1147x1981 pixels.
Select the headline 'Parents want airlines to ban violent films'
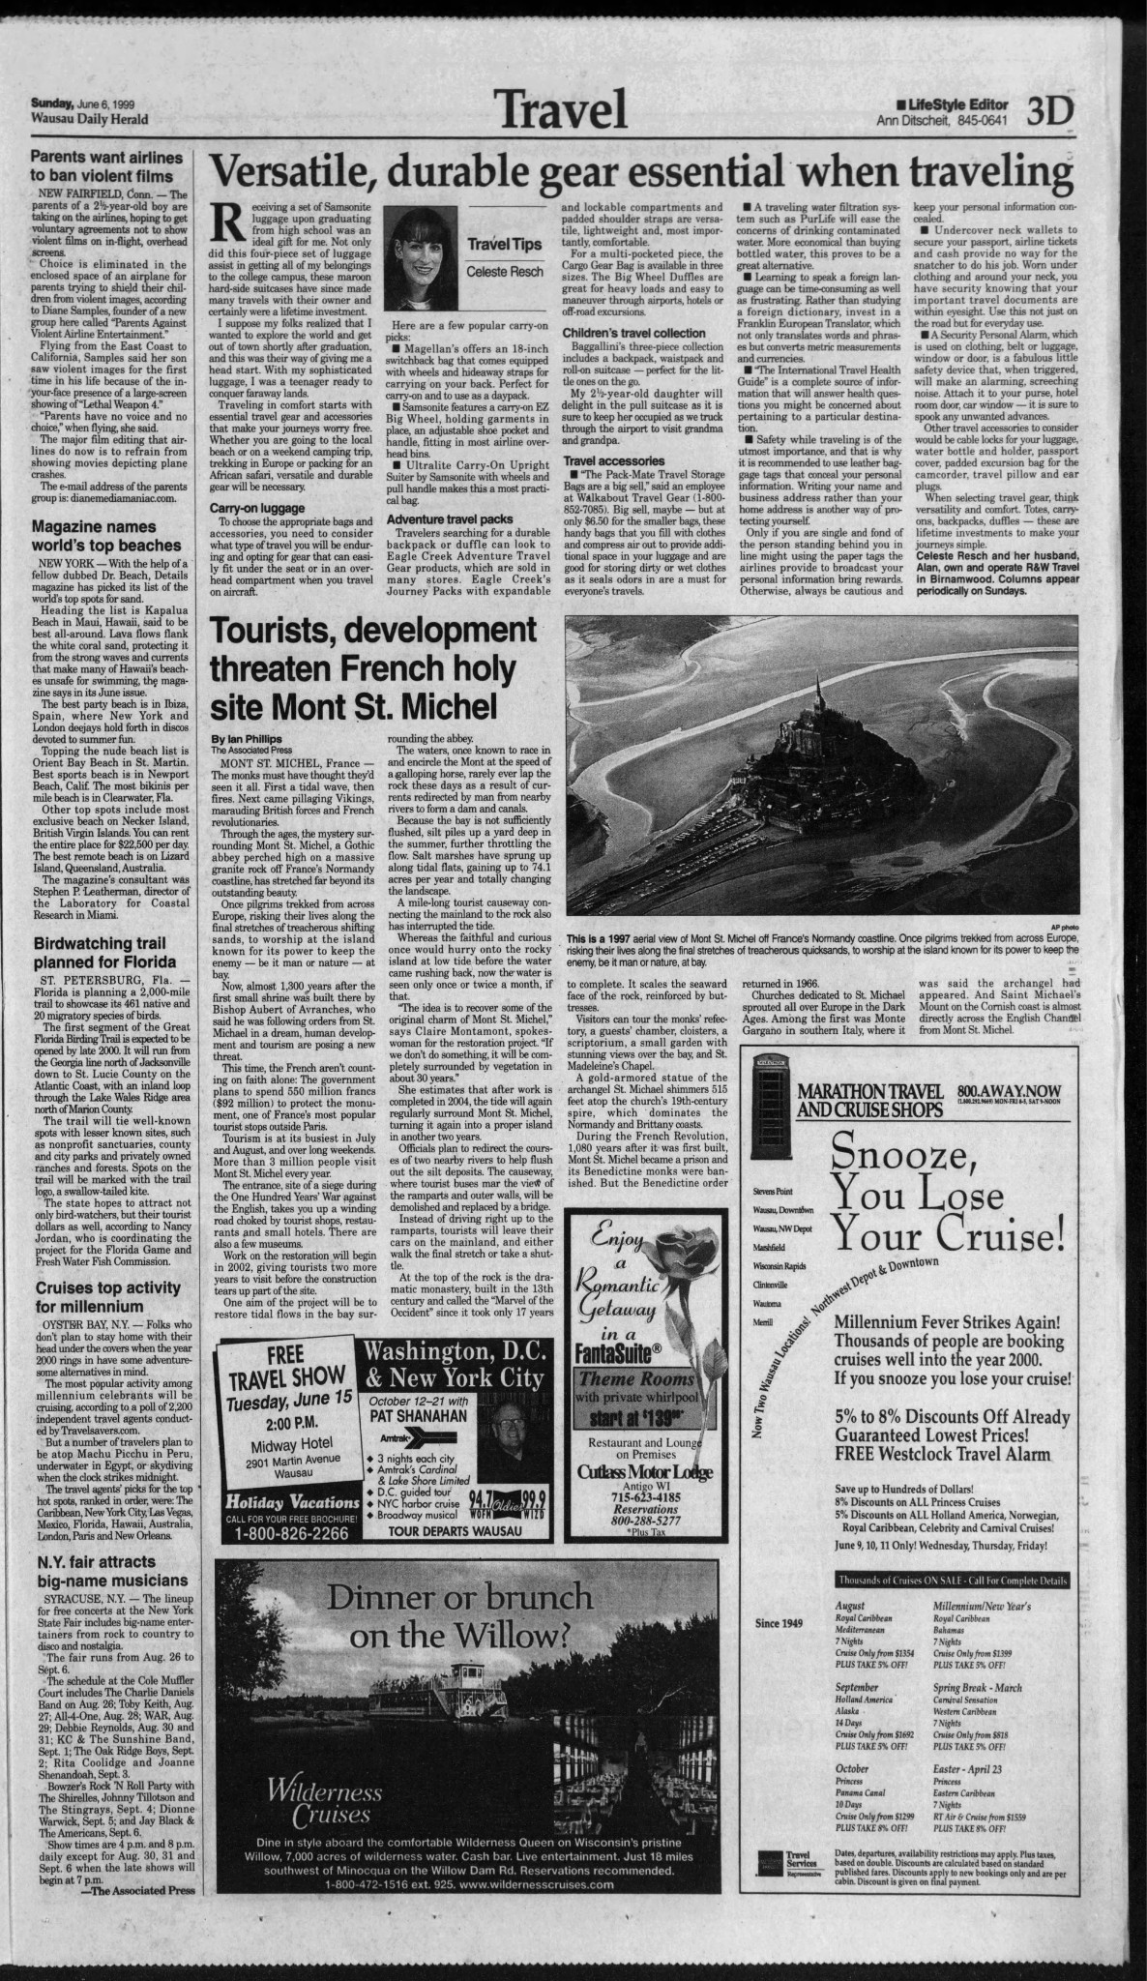coord(102,166)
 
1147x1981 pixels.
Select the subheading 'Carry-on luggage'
coord(254,507)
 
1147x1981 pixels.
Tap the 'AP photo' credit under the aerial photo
coord(1061,925)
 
